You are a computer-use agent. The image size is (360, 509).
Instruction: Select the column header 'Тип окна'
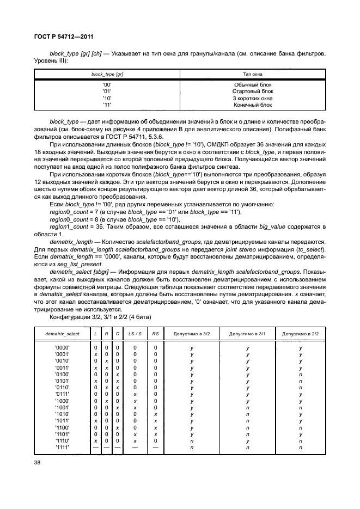[252, 73]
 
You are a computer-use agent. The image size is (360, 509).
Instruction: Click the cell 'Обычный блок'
[252, 84]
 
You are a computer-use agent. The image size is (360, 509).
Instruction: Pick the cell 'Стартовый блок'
[252, 91]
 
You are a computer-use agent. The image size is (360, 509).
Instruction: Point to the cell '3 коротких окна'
[252, 98]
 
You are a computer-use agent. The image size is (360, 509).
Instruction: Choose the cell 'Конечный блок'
[252, 105]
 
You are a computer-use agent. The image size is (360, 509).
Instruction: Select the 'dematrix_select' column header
[62, 333]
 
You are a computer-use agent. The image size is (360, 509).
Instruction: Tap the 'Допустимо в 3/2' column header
[192, 333]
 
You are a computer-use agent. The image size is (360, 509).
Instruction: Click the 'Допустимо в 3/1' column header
[247, 333]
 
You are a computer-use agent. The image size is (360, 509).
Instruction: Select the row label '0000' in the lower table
[62, 347]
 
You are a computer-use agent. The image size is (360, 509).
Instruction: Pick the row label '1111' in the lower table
[62, 447]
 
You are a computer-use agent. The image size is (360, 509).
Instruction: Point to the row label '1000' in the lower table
[62, 401]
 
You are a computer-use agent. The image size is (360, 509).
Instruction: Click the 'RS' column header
[155, 333]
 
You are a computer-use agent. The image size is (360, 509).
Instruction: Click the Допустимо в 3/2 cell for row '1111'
[192, 447]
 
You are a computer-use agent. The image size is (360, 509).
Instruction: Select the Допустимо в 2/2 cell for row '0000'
[301, 347]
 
